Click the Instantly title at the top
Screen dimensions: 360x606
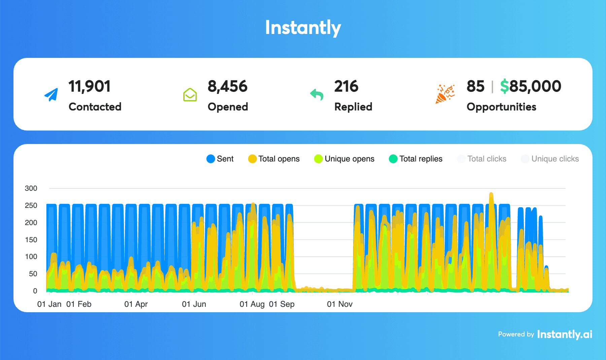coord(303,28)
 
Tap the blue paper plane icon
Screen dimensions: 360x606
coord(51,95)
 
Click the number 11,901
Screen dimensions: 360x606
coord(90,86)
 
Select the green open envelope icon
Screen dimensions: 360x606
coord(190,95)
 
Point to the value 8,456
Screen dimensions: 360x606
coord(228,86)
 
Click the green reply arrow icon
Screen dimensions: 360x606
coord(316,95)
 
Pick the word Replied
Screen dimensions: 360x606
coord(353,107)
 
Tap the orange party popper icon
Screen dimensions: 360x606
coord(445,94)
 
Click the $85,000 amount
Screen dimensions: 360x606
coord(531,86)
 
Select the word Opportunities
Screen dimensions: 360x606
coord(501,107)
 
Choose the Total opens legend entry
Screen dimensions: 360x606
coord(274,159)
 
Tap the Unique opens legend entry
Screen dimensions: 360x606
coord(344,159)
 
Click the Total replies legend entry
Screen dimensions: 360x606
coord(415,159)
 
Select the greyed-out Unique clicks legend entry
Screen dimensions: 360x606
coord(550,159)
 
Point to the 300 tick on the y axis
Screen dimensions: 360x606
coord(31,188)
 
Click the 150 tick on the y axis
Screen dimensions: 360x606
coord(31,240)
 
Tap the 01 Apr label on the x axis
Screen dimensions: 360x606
coord(136,304)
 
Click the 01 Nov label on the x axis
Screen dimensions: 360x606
coord(340,304)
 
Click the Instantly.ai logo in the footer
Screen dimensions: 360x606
coord(565,334)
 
